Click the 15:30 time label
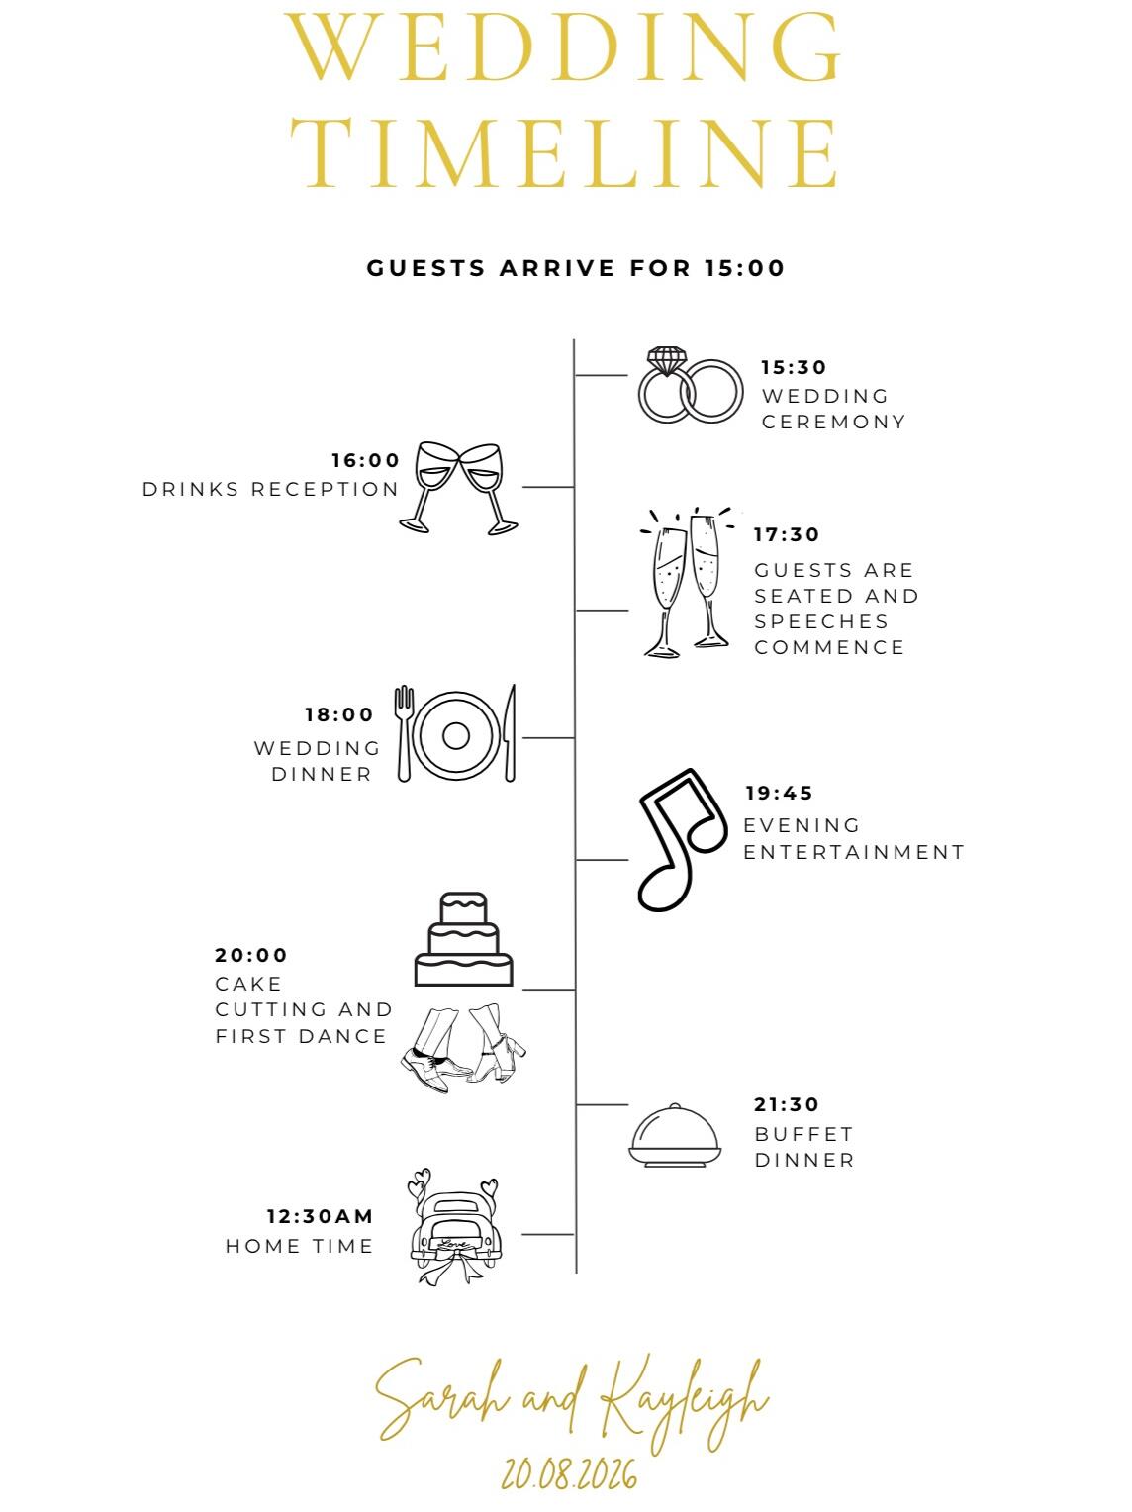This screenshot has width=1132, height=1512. tap(793, 367)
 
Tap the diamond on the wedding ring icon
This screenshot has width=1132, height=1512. tap(667, 360)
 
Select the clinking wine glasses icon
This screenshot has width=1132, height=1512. tap(458, 488)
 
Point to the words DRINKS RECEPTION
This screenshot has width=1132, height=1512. tap(270, 489)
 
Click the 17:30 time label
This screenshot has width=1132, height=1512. tap(787, 534)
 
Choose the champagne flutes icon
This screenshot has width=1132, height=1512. tap(687, 583)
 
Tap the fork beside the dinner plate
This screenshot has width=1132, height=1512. tap(404, 733)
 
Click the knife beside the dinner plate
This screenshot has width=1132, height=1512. tap(510, 733)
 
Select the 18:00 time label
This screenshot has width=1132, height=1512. tap(339, 715)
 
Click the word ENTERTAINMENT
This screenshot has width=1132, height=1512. tap(853, 852)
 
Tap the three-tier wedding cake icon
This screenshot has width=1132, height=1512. tap(463, 938)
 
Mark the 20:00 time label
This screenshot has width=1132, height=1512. tap(250, 956)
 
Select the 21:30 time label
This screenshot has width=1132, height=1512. tap(787, 1105)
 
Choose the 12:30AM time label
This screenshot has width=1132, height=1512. tap(321, 1216)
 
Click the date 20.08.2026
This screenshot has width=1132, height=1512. tap(569, 1474)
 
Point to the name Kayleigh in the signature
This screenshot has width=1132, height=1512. tap(682, 1405)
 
